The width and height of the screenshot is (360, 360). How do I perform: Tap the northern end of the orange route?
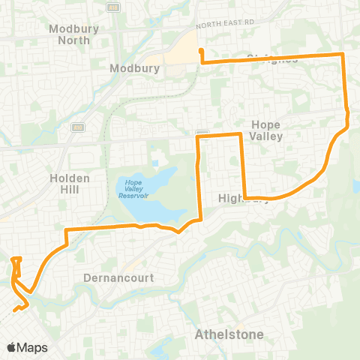[201, 51]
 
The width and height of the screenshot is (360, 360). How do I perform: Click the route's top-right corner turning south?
[343, 55]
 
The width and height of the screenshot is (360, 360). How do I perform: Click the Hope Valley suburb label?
[266, 130]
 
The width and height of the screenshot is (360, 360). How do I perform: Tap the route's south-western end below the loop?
[15, 310]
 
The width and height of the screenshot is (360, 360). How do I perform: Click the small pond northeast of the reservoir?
[155, 162]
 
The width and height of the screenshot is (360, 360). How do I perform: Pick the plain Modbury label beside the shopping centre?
[136, 67]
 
